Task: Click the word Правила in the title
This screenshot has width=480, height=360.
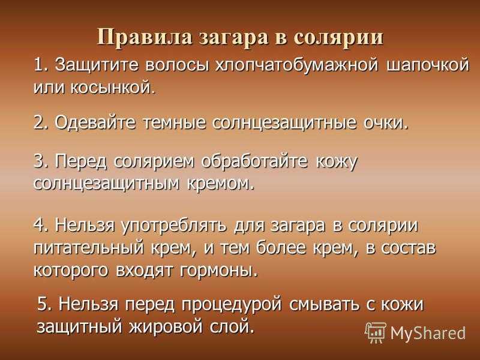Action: coord(145,38)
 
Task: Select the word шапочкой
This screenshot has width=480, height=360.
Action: coord(428,65)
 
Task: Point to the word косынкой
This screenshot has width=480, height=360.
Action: coord(111,88)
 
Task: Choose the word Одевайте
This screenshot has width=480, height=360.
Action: coord(95,123)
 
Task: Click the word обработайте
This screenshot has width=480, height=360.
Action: coord(254,161)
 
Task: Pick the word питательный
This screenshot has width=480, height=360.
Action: coord(88,248)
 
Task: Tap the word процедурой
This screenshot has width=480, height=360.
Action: coord(232,305)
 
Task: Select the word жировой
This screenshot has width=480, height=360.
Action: coord(166,326)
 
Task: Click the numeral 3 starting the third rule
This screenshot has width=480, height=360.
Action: coord(39,161)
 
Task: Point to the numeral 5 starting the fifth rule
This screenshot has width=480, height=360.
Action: coord(43,305)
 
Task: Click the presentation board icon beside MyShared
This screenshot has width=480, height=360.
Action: coord(376,332)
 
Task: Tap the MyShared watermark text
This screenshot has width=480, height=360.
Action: coord(428,333)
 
